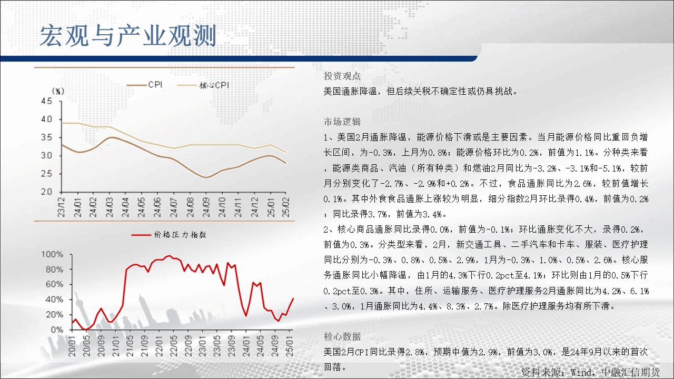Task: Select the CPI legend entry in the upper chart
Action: [x=145, y=85]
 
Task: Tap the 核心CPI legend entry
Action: [x=203, y=85]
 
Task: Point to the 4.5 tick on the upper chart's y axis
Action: [x=47, y=101]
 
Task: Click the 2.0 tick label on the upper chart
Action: [x=47, y=192]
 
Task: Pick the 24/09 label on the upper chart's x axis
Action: [x=206, y=207]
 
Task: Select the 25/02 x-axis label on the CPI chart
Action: [x=286, y=207]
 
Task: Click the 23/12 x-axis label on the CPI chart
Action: [x=62, y=207]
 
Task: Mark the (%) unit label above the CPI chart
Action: [x=58, y=91]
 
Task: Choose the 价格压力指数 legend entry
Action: [x=169, y=235]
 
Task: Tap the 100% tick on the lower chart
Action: [x=52, y=254]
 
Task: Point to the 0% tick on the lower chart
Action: [x=57, y=330]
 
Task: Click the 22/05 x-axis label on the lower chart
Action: [x=174, y=346]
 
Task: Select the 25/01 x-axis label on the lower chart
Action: [x=290, y=346]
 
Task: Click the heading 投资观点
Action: [x=342, y=76]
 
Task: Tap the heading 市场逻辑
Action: [x=342, y=122]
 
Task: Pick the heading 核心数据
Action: [x=342, y=336]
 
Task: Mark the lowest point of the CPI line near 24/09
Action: [x=206, y=177]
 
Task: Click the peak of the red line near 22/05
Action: [x=170, y=256]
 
